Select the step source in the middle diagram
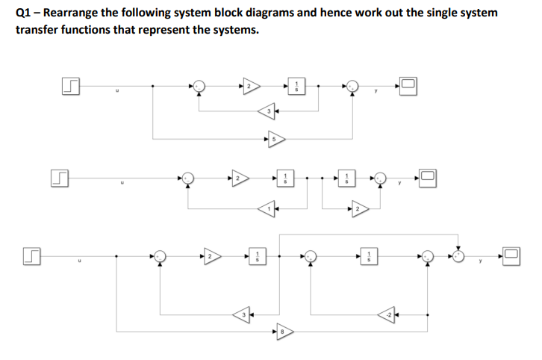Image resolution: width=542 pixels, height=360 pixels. (58, 179)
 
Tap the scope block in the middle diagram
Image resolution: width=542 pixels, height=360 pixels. (428, 179)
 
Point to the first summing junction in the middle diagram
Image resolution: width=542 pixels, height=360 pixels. (188, 179)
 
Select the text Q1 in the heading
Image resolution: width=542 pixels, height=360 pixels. (23, 13)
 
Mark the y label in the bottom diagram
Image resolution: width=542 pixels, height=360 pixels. (482, 262)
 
